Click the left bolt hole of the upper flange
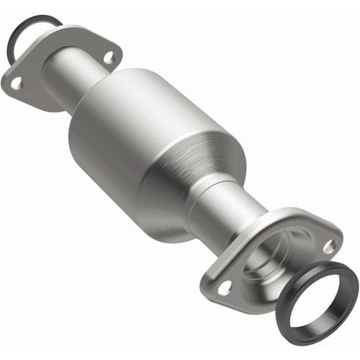16,82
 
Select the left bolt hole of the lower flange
224,287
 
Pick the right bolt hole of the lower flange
328,245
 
